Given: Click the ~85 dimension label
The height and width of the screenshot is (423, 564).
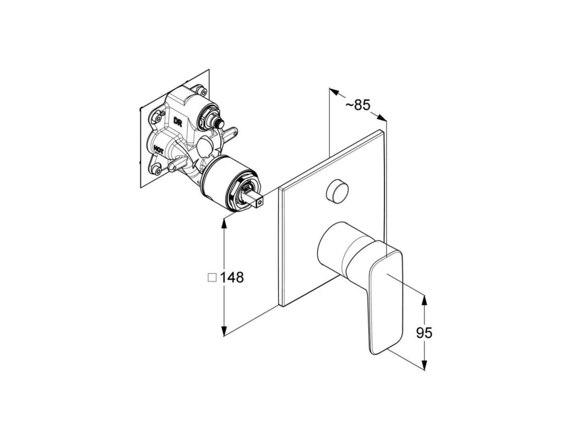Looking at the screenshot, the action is (358, 104).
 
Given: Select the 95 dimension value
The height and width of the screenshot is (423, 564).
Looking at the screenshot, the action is (424, 333).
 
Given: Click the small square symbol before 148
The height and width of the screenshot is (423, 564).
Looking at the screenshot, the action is (211, 278).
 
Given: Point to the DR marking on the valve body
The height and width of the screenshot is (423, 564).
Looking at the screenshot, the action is (178, 121).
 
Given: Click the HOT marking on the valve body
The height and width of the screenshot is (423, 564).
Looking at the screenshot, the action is (158, 148).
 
